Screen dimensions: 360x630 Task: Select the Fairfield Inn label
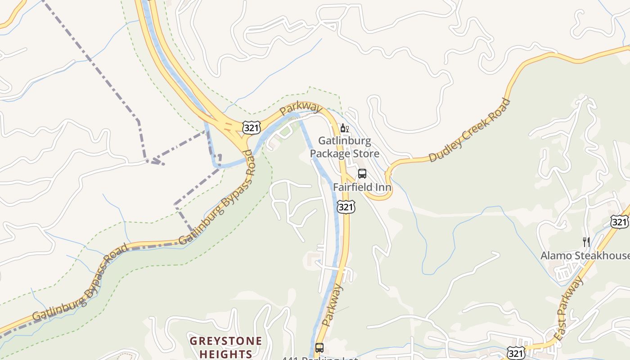362,187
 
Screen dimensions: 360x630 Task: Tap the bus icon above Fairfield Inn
362,174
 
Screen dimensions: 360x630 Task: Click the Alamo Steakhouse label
585,256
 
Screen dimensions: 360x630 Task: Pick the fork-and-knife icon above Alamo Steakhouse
586,242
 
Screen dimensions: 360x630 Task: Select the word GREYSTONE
225,341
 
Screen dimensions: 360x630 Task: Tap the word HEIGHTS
225,353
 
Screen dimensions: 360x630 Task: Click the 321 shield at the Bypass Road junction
251,127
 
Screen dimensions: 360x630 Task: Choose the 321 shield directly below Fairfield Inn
346,207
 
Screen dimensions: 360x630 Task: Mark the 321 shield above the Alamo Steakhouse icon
619,221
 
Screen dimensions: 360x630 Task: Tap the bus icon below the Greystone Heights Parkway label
319,347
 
